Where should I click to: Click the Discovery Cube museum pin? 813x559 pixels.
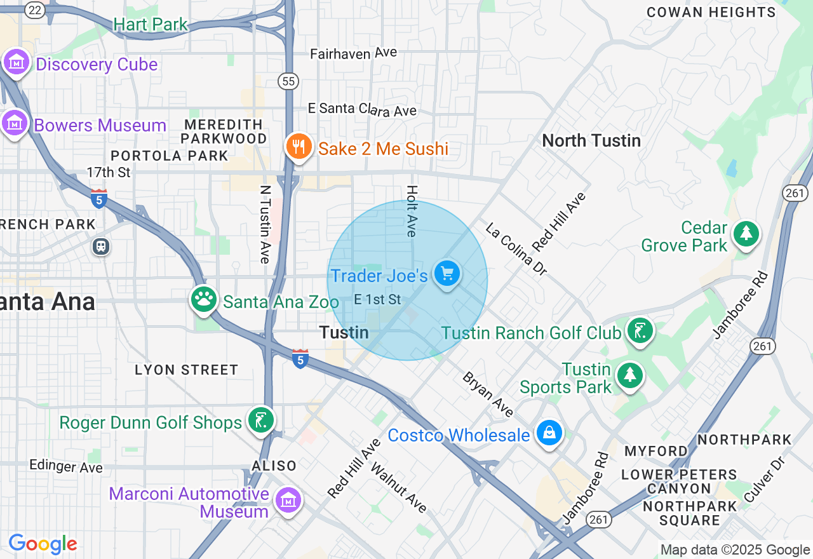click(x=17, y=62)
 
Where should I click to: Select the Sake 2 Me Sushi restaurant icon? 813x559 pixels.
click(x=297, y=147)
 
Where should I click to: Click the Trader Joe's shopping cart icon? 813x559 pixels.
click(x=447, y=273)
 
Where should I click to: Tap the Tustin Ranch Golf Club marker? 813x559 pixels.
click(x=640, y=330)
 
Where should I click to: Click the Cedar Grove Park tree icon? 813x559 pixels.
click(x=746, y=233)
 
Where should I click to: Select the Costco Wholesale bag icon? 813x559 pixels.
click(x=549, y=433)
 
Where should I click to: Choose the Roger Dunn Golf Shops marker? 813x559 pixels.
click(x=261, y=420)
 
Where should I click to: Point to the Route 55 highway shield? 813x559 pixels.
click(x=288, y=81)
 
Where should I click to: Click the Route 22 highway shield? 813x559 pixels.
click(x=34, y=10)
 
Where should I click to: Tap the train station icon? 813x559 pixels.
click(x=100, y=246)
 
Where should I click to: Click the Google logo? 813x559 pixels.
click(x=43, y=544)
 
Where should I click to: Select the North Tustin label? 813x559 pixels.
click(x=591, y=140)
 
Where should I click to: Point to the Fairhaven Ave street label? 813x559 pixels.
click(x=353, y=53)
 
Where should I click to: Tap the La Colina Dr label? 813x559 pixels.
click(x=516, y=248)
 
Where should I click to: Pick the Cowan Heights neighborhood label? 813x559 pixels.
click(x=711, y=12)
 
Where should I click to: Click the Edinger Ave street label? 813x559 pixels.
click(x=65, y=466)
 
